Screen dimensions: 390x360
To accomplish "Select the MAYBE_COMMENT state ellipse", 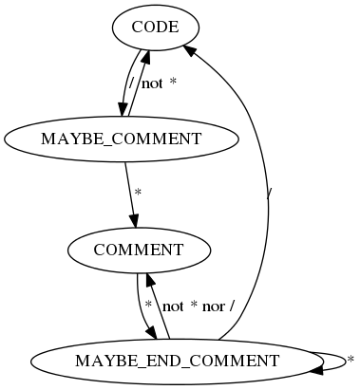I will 122,139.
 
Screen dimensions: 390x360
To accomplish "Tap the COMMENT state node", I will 138,250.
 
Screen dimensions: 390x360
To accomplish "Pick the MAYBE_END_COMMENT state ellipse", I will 177,361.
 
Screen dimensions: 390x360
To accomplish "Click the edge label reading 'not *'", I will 159,84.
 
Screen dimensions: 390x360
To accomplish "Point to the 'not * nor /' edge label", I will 199,306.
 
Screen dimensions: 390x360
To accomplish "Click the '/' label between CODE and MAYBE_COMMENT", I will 131,84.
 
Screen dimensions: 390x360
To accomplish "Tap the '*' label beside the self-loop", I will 350,361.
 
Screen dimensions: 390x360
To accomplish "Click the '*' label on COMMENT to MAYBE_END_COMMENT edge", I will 148,306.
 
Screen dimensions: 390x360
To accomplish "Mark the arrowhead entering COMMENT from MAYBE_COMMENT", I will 135,220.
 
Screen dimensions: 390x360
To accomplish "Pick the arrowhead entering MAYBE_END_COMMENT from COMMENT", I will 151,331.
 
